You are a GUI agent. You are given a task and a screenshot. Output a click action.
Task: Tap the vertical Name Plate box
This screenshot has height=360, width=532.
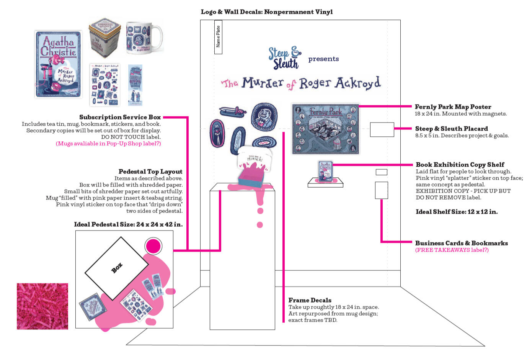coord(218,37)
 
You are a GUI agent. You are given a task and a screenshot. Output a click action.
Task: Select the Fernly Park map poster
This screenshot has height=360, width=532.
coord(325,129)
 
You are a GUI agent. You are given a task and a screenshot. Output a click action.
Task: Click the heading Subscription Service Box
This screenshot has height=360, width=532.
coord(120,117)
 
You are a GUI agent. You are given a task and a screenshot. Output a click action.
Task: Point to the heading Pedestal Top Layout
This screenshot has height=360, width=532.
coord(150,172)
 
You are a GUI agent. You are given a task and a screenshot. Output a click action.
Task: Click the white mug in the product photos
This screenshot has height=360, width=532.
coord(144,38)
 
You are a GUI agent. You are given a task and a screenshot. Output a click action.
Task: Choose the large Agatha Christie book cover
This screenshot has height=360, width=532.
coord(59,64)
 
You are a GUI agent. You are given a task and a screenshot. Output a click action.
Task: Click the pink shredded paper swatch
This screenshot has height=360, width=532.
coord(42,306)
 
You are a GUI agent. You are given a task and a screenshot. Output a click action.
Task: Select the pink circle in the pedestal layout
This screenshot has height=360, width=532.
coord(153,246)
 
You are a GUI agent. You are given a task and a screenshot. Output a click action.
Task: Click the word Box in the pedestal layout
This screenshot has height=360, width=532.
coord(117,268)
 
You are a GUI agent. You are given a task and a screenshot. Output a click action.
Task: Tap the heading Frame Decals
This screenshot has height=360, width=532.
coord(310,300)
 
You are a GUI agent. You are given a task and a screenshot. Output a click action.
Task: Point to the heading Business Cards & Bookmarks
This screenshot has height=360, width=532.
coord(461,243)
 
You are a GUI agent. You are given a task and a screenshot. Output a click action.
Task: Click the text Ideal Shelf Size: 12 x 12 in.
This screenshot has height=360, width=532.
coord(457,212)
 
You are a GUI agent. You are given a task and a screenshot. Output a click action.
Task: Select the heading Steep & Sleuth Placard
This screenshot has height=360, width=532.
coord(451,129)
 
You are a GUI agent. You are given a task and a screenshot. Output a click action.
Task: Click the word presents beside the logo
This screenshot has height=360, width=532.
coord(323,59)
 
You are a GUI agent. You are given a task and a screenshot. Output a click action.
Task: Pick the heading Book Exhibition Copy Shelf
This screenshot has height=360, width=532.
coord(460,165)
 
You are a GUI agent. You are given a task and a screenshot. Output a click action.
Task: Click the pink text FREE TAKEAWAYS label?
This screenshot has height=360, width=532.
coord(452,250)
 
